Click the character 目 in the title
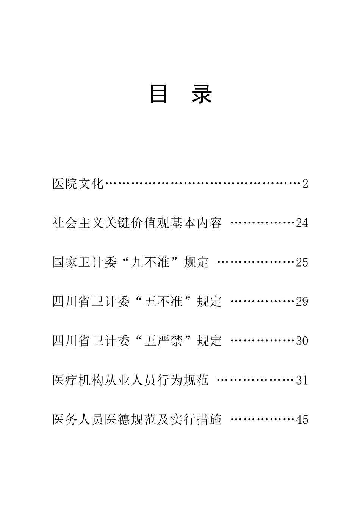click(x=158, y=94)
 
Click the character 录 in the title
click(x=202, y=94)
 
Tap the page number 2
click(x=305, y=184)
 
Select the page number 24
click(x=302, y=223)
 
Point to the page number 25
click(x=302, y=262)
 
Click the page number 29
click(x=302, y=302)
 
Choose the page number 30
click(x=302, y=341)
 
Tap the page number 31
click(x=302, y=380)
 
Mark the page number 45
click(x=302, y=419)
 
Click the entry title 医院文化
click(x=78, y=184)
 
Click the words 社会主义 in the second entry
click(x=78, y=223)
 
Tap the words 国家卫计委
click(x=84, y=262)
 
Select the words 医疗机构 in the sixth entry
click(x=78, y=380)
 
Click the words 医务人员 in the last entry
click(x=78, y=419)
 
